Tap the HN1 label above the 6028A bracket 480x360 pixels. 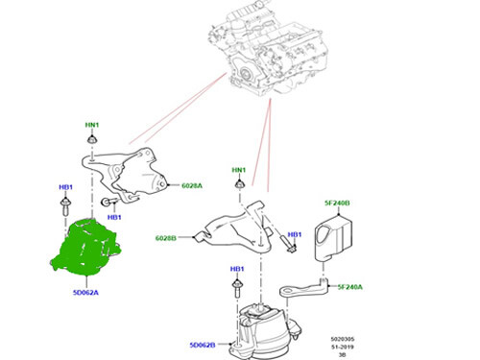tap(92, 126)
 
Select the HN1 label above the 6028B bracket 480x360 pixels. tap(239, 170)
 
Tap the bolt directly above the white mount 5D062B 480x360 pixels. tap(236, 288)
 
